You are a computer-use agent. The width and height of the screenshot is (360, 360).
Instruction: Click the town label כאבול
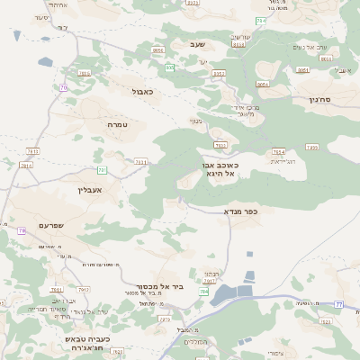click(142, 91)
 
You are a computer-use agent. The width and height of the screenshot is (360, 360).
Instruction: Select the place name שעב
click(197, 43)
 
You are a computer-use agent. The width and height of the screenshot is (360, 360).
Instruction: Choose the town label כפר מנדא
click(240, 211)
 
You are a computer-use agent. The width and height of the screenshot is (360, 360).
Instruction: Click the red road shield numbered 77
click(338, 304)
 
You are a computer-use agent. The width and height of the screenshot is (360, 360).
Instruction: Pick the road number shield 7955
click(312, 147)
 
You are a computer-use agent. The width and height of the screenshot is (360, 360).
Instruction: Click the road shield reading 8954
click(262, 85)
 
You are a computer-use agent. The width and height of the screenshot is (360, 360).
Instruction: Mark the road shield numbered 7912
click(85, 289)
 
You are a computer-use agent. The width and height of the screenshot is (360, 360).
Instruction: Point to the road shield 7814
click(25, 165)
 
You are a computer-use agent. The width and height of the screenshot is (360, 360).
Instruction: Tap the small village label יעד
click(203, 61)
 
